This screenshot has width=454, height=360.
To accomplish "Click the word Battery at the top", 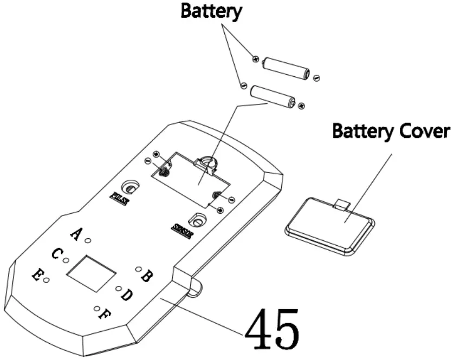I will pyautogui.click(x=211, y=11).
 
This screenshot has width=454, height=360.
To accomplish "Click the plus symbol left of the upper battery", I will pyautogui.click(x=254, y=58).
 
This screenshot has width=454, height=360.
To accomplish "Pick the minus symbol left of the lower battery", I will pyautogui.click(x=243, y=86).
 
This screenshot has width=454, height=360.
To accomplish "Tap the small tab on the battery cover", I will pyautogui.click(x=342, y=205).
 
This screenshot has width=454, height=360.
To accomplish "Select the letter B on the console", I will pyautogui.click(x=146, y=276).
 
